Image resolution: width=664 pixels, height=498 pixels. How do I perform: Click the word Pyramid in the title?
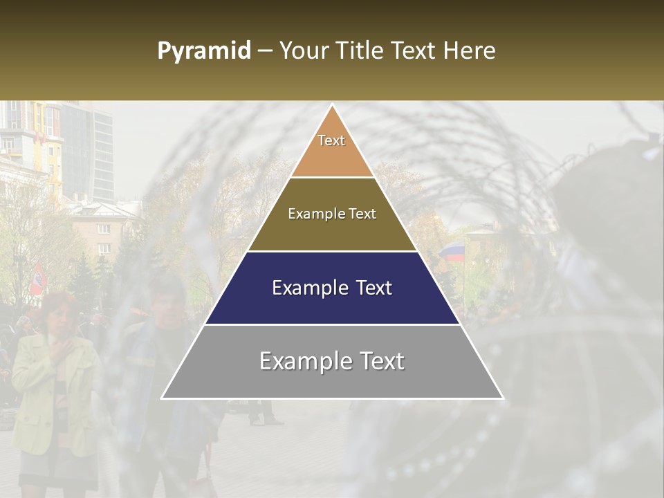click(x=203, y=50)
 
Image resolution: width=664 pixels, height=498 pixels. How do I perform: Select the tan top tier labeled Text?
click(x=332, y=149)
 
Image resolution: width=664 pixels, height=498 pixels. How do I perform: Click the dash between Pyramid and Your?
click(x=265, y=50)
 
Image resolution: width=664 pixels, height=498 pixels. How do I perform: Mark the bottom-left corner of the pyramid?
click(x=162, y=398)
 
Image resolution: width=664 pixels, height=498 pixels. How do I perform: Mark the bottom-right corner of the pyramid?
click(x=503, y=398)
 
